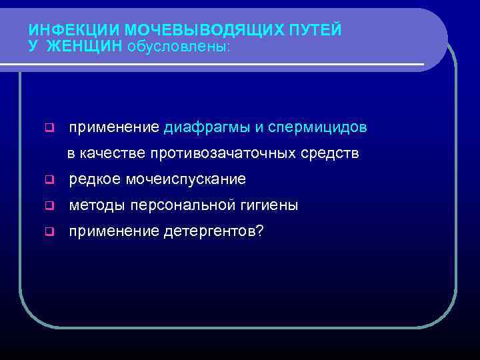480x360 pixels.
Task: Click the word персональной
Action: [x=179, y=205]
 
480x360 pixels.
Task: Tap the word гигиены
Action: [x=267, y=205]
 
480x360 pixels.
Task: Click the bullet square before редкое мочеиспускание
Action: [x=49, y=180]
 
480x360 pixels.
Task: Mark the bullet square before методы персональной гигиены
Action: [x=49, y=206]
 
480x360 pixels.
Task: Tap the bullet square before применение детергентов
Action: [x=49, y=232]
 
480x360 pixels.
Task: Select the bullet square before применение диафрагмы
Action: [x=49, y=127]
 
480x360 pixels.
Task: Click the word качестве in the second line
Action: [x=113, y=153]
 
